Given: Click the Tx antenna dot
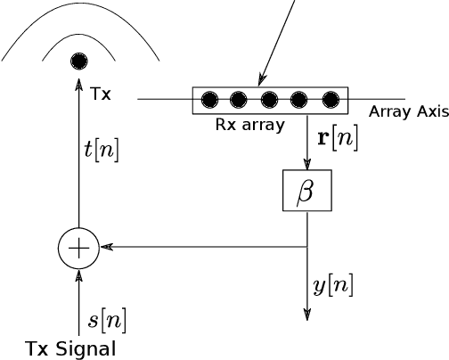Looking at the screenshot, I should [80, 61].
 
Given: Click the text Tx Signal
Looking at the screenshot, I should [70, 348].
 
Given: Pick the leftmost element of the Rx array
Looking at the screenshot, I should [210, 99].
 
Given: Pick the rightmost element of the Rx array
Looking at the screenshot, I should [331, 99].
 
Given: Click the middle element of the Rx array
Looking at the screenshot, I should [271, 99].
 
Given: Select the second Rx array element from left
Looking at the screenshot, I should [241, 99].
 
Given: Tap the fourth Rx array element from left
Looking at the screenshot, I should [300, 99].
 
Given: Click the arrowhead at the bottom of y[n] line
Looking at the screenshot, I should [307, 314].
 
